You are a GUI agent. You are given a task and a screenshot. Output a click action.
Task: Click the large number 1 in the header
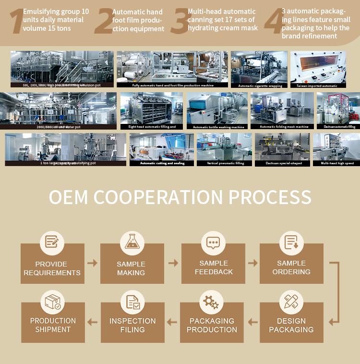[16, 22]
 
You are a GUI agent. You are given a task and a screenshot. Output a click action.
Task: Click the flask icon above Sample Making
[132, 242]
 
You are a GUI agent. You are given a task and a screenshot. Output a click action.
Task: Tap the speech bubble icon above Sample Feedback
[213, 242]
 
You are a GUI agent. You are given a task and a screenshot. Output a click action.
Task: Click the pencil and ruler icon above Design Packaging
[291, 302]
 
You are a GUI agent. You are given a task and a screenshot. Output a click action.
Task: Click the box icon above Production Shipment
[52, 302]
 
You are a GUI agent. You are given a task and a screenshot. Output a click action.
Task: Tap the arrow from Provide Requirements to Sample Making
[92, 263]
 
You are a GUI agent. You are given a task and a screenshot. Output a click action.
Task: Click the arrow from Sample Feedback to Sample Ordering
[252, 263]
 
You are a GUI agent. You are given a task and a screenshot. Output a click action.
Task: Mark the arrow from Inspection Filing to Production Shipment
[92, 321]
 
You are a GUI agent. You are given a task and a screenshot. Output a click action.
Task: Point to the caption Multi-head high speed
[336, 163]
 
